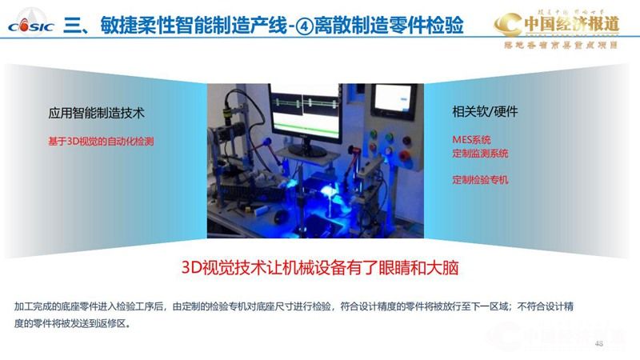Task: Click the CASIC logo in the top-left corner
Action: [x=30, y=23]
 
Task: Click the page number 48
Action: [x=599, y=343]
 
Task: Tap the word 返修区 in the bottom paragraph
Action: [x=111, y=324]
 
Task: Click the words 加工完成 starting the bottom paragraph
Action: [x=34, y=306]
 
